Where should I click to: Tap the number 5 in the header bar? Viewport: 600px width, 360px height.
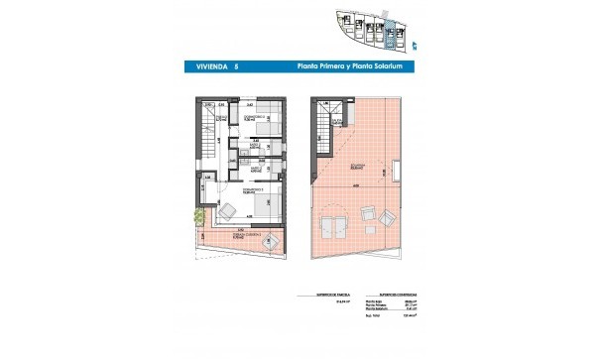(237, 66)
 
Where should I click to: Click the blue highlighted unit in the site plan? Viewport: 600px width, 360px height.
(390, 34)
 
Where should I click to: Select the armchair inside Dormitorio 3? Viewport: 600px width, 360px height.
(228, 210)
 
